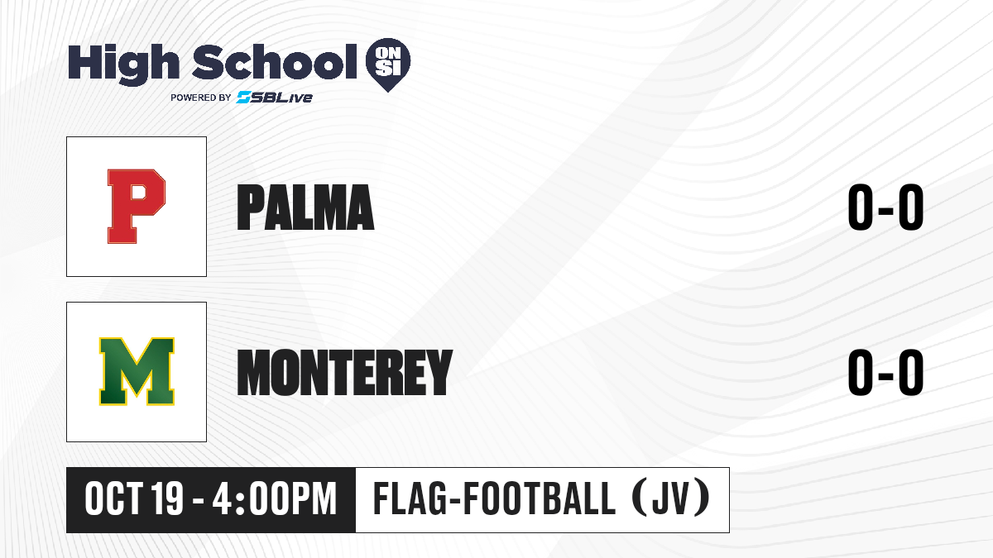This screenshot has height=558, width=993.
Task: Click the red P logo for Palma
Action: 137,207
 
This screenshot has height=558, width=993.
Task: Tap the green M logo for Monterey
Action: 137,371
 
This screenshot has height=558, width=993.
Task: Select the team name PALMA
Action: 305,207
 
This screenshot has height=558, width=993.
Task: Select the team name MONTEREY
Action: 345,372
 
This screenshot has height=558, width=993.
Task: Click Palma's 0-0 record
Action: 885,207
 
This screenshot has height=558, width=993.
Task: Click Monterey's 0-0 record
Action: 885,372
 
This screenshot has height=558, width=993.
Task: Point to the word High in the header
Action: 123,64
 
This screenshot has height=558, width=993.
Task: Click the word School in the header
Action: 275,62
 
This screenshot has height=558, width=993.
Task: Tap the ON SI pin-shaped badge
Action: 388,64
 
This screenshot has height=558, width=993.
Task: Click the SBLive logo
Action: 275,98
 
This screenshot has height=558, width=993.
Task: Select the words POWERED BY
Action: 201,98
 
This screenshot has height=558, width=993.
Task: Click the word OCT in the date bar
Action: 114,499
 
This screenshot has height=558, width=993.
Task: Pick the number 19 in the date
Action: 167,499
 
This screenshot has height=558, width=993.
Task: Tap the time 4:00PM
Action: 275,499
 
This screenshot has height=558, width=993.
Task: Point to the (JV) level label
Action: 671,498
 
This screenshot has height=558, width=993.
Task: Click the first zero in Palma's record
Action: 860,207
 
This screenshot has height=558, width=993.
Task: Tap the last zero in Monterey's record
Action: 911,372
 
